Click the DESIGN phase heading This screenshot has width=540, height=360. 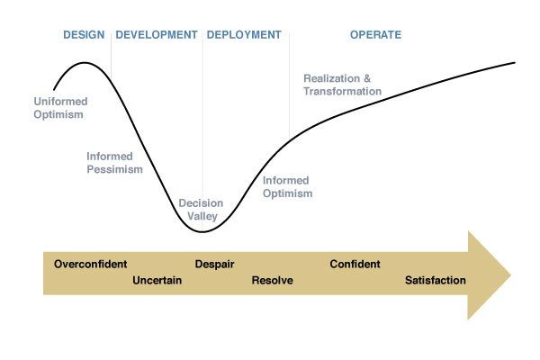point(84,35)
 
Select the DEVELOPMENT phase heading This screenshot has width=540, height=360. point(157,35)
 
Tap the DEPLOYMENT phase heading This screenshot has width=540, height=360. point(244,35)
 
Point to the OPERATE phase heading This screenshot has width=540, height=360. point(375,35)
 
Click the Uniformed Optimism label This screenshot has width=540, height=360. point(60,108)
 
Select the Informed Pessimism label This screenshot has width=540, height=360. point(114,163)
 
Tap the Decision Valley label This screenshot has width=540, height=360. point(201,210)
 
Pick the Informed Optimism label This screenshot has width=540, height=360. point(288,187)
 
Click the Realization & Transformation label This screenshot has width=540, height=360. point(342,85)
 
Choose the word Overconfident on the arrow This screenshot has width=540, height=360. point(91,265)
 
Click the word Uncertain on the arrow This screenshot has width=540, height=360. point(157,281)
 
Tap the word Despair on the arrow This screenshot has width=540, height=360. point(214,265)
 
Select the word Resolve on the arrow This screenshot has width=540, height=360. point(273,281)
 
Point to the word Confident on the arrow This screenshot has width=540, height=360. point(355,265)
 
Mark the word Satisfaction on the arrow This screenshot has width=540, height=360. point(436,281)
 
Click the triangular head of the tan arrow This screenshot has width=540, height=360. point(486,275)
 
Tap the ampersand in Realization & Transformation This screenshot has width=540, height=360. point(367,78)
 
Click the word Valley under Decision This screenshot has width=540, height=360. point(202,216)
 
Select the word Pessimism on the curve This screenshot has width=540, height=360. point(114,169)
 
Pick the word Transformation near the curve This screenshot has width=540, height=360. point(342,91)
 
